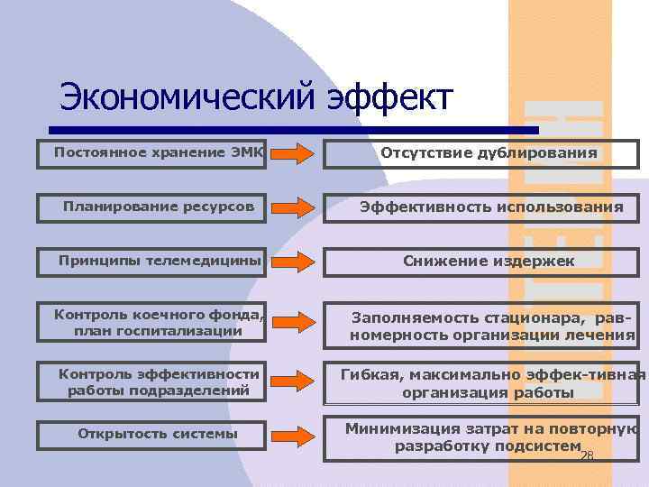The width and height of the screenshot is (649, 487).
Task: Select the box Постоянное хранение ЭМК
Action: coord(153,152)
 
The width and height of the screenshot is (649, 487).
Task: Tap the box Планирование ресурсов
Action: coord(153,207)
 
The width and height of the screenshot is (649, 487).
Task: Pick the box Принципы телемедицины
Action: coord(153,262)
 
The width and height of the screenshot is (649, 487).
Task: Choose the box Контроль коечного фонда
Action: coord(153,322)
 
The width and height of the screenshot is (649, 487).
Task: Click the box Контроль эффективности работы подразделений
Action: coord(153,381)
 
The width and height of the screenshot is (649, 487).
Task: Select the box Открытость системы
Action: coord(153,434)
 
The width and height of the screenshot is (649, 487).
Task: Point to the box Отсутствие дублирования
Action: coord(481,153)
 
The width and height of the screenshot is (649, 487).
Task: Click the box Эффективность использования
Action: coord(481,207)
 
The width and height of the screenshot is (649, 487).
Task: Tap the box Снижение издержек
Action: coord(481,262)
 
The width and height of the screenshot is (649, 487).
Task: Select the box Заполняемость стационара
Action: coord(481,326)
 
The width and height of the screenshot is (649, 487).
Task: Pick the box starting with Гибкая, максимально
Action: coord(481,383)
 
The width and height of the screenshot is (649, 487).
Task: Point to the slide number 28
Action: coord(587,456)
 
